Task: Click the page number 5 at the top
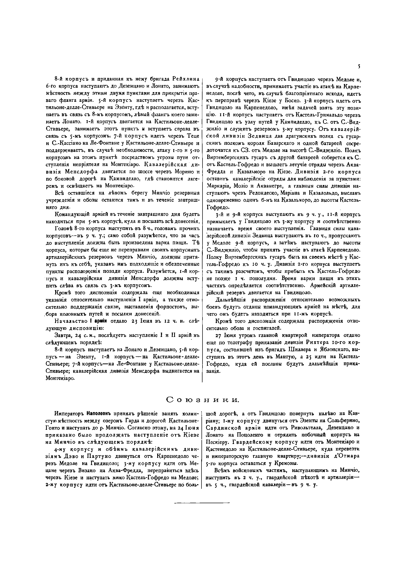tap(359, 67)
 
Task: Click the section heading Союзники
tap(202, 400)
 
